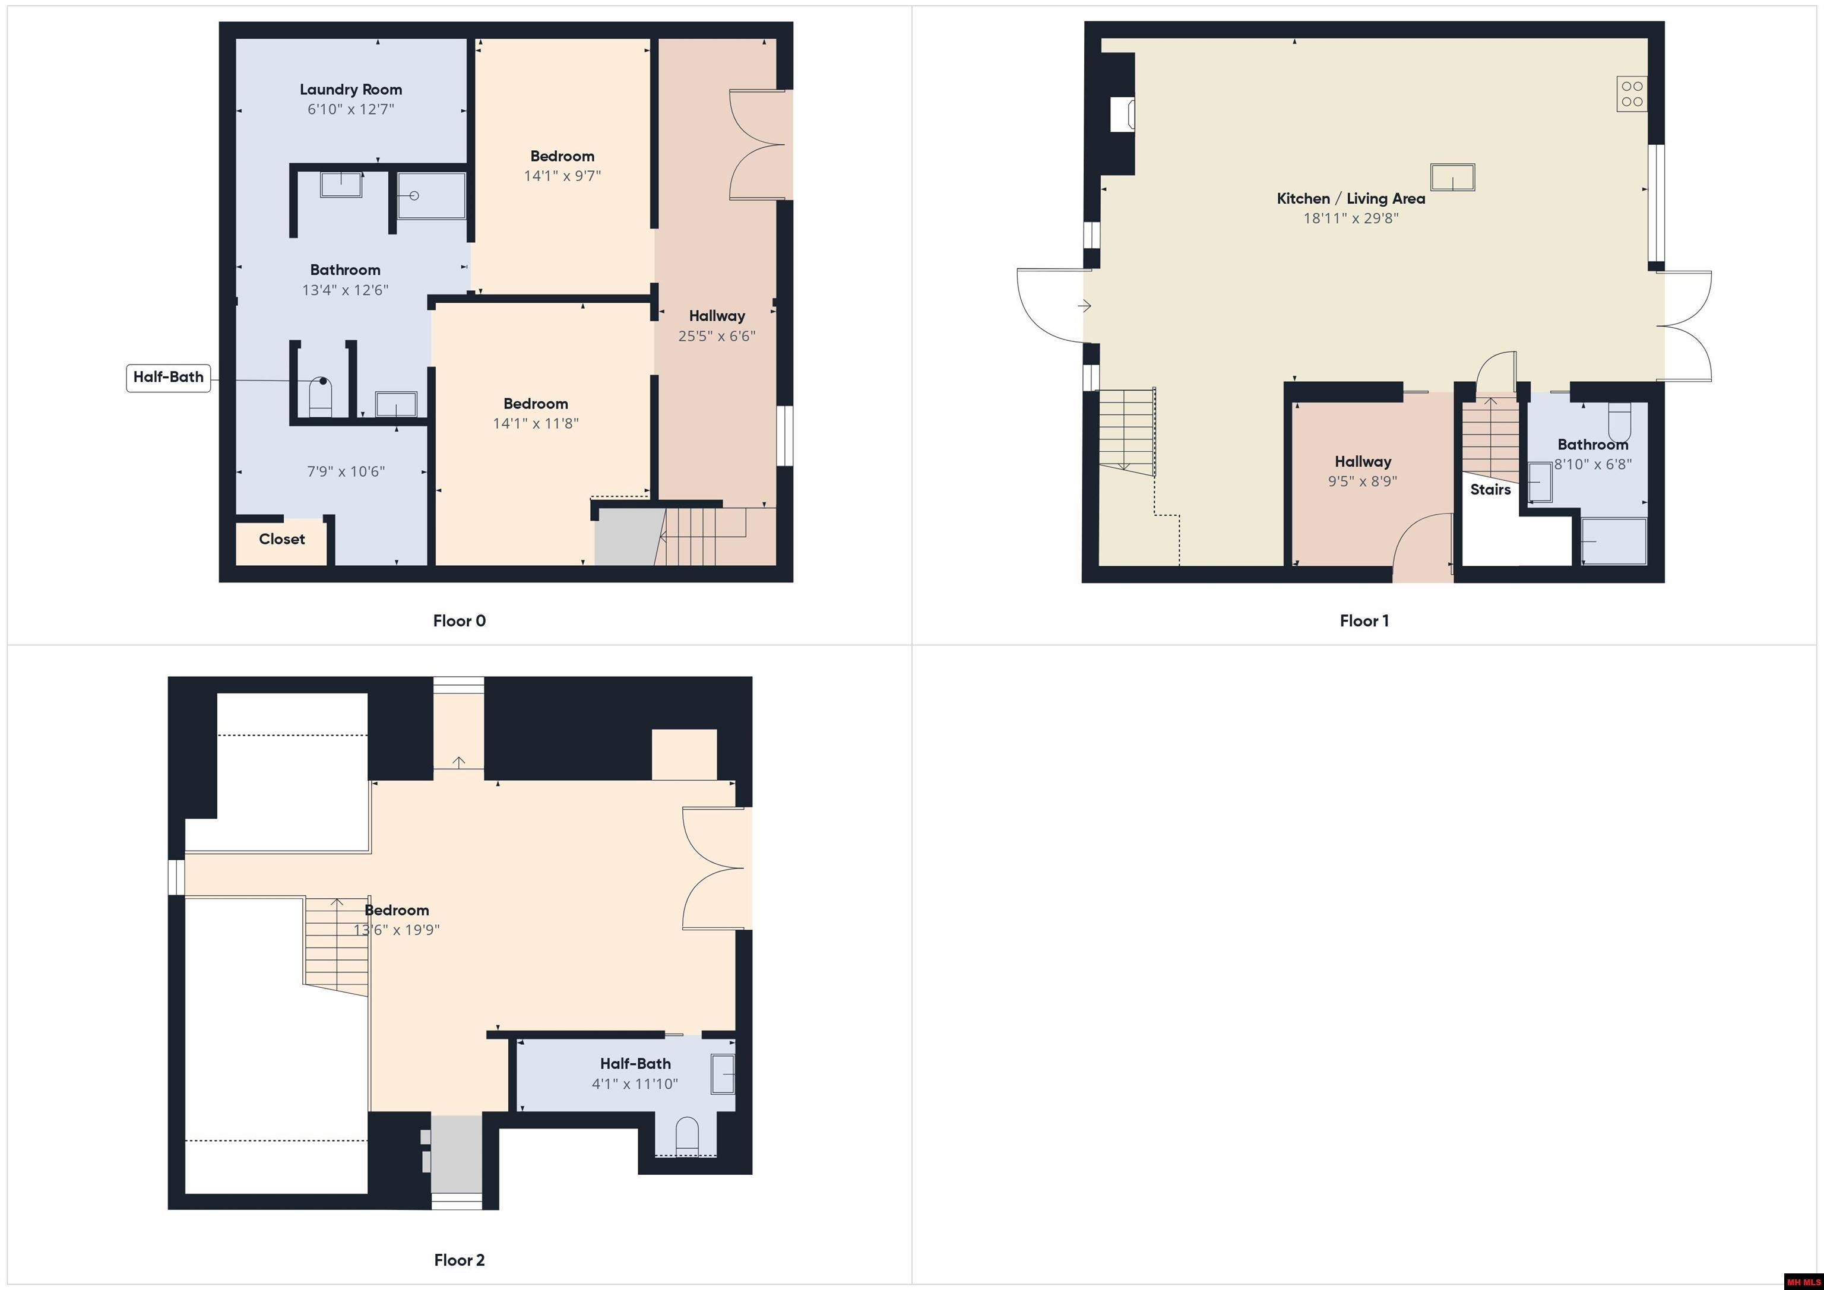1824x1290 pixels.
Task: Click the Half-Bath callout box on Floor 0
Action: click(169, 378)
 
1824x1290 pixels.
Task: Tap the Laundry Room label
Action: click(350, 90)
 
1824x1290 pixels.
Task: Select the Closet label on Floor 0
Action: click(282, 540)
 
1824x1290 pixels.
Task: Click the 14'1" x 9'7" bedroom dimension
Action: click(562, 176)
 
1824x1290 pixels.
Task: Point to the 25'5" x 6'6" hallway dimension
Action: click(717, 336)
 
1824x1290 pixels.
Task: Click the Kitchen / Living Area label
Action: click(1351, 199)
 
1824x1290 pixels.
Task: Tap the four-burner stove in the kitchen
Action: click(1632, 94)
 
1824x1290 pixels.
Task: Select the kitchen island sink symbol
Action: click(1452, 177)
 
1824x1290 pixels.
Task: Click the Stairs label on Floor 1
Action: click(1490, 489)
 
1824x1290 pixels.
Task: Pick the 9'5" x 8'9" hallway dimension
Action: click(1363, 481)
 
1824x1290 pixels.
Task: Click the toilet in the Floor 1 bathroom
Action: click(1619, 422)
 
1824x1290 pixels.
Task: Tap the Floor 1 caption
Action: click(1364, 621)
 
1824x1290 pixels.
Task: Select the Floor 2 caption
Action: click(459, 1260)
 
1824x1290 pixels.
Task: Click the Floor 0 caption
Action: click(459, 621)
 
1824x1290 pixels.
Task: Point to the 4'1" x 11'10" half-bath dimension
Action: click(635, 1083)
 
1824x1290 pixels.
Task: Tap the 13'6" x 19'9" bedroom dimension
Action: click(397, 930)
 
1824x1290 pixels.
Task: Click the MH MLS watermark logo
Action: click(1803, 1281)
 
